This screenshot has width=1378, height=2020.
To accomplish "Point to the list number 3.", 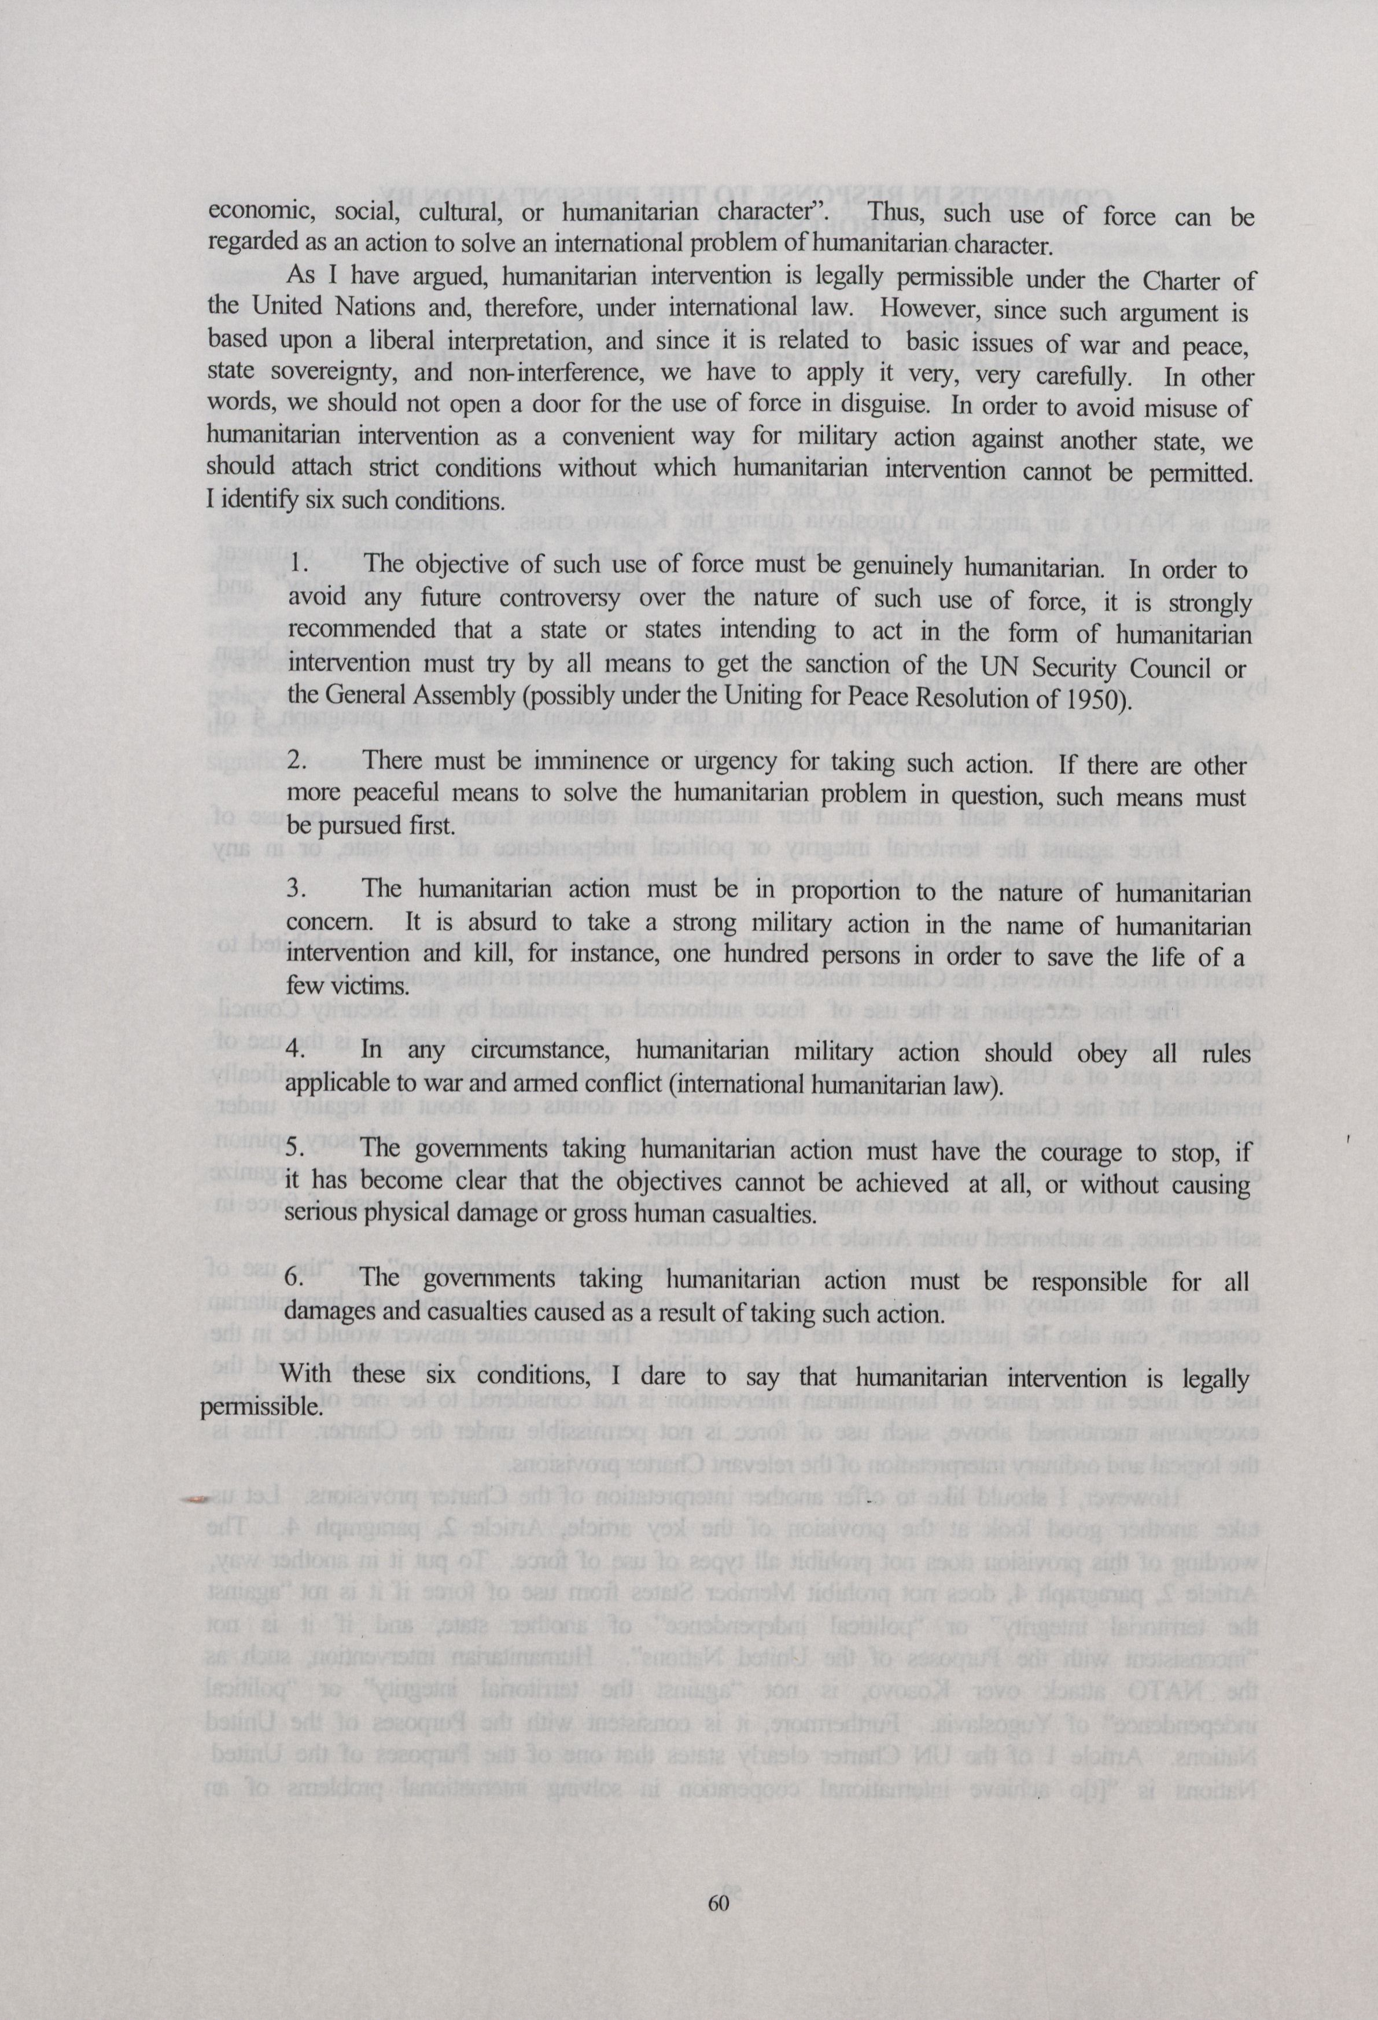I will click(x=296, y=889).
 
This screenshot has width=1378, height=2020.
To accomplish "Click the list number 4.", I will click(x=296, y=1051).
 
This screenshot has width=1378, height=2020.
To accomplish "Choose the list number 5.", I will click(x=296, y=1151).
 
